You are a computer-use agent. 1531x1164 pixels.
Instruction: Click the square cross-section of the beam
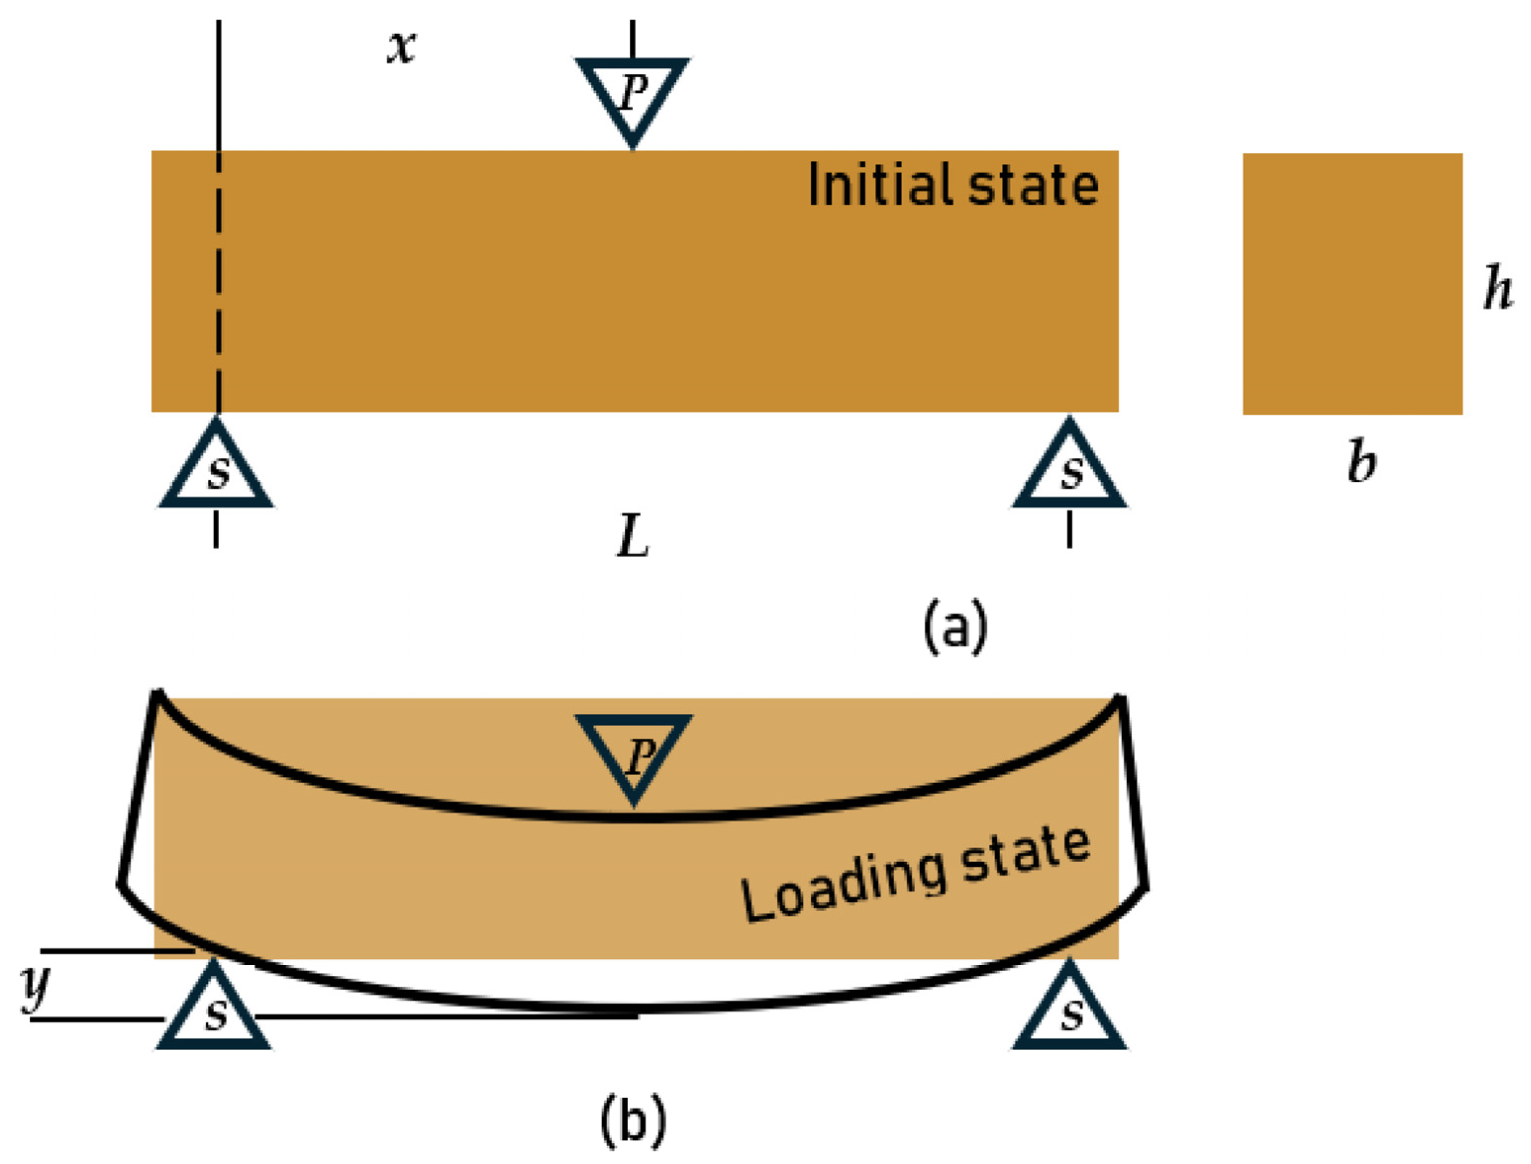click(1353, 284)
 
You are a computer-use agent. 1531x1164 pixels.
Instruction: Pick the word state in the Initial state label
click(1033, 185)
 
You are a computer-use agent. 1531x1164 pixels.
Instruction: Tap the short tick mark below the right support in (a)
click(1069, 529)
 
